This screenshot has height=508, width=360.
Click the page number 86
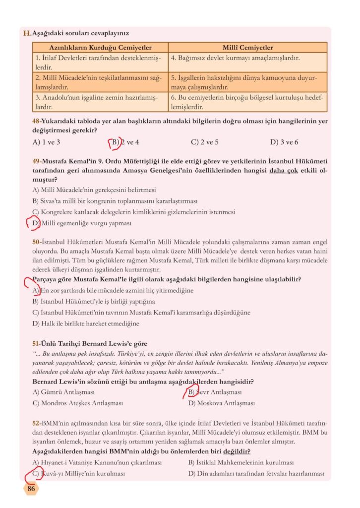click(31, 489)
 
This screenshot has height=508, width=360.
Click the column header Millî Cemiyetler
click(247, 48)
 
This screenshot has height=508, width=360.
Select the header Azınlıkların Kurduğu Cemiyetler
click(100, 48)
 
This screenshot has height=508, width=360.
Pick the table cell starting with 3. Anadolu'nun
click(100, 102)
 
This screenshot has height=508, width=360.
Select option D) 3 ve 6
click(284, 142)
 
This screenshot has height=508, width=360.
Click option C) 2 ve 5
click(205, 142)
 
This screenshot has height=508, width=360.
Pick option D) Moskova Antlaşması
click(221, 403)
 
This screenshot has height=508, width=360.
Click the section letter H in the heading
click(27, 33)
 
